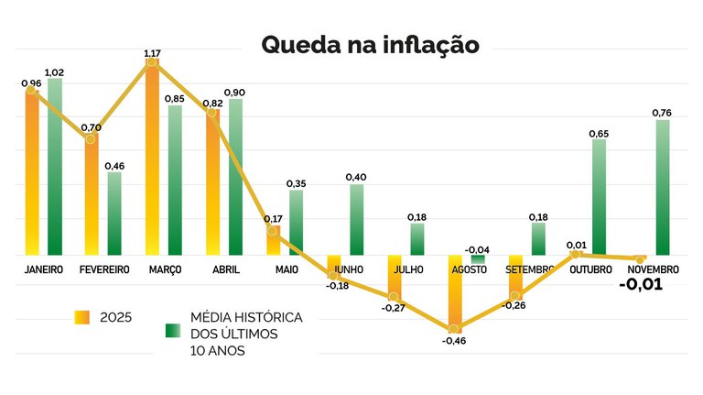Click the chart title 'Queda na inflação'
coord(370,45)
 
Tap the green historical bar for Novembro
coord(662,187)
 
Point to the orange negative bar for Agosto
coord(454,291)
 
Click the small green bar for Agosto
coord(478,259)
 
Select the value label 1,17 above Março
coord(152,54)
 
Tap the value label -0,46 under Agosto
coord(453,341)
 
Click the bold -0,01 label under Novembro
coord(641,285)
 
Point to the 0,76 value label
coord(662,112)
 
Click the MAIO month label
coord(286,269)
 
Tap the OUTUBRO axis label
coord(590,269)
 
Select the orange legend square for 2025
coord(82,317)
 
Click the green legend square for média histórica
coord(171,328)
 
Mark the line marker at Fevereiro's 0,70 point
coord(91,138)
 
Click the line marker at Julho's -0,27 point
coord(394,296)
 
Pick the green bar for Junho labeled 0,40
coord(356,220)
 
